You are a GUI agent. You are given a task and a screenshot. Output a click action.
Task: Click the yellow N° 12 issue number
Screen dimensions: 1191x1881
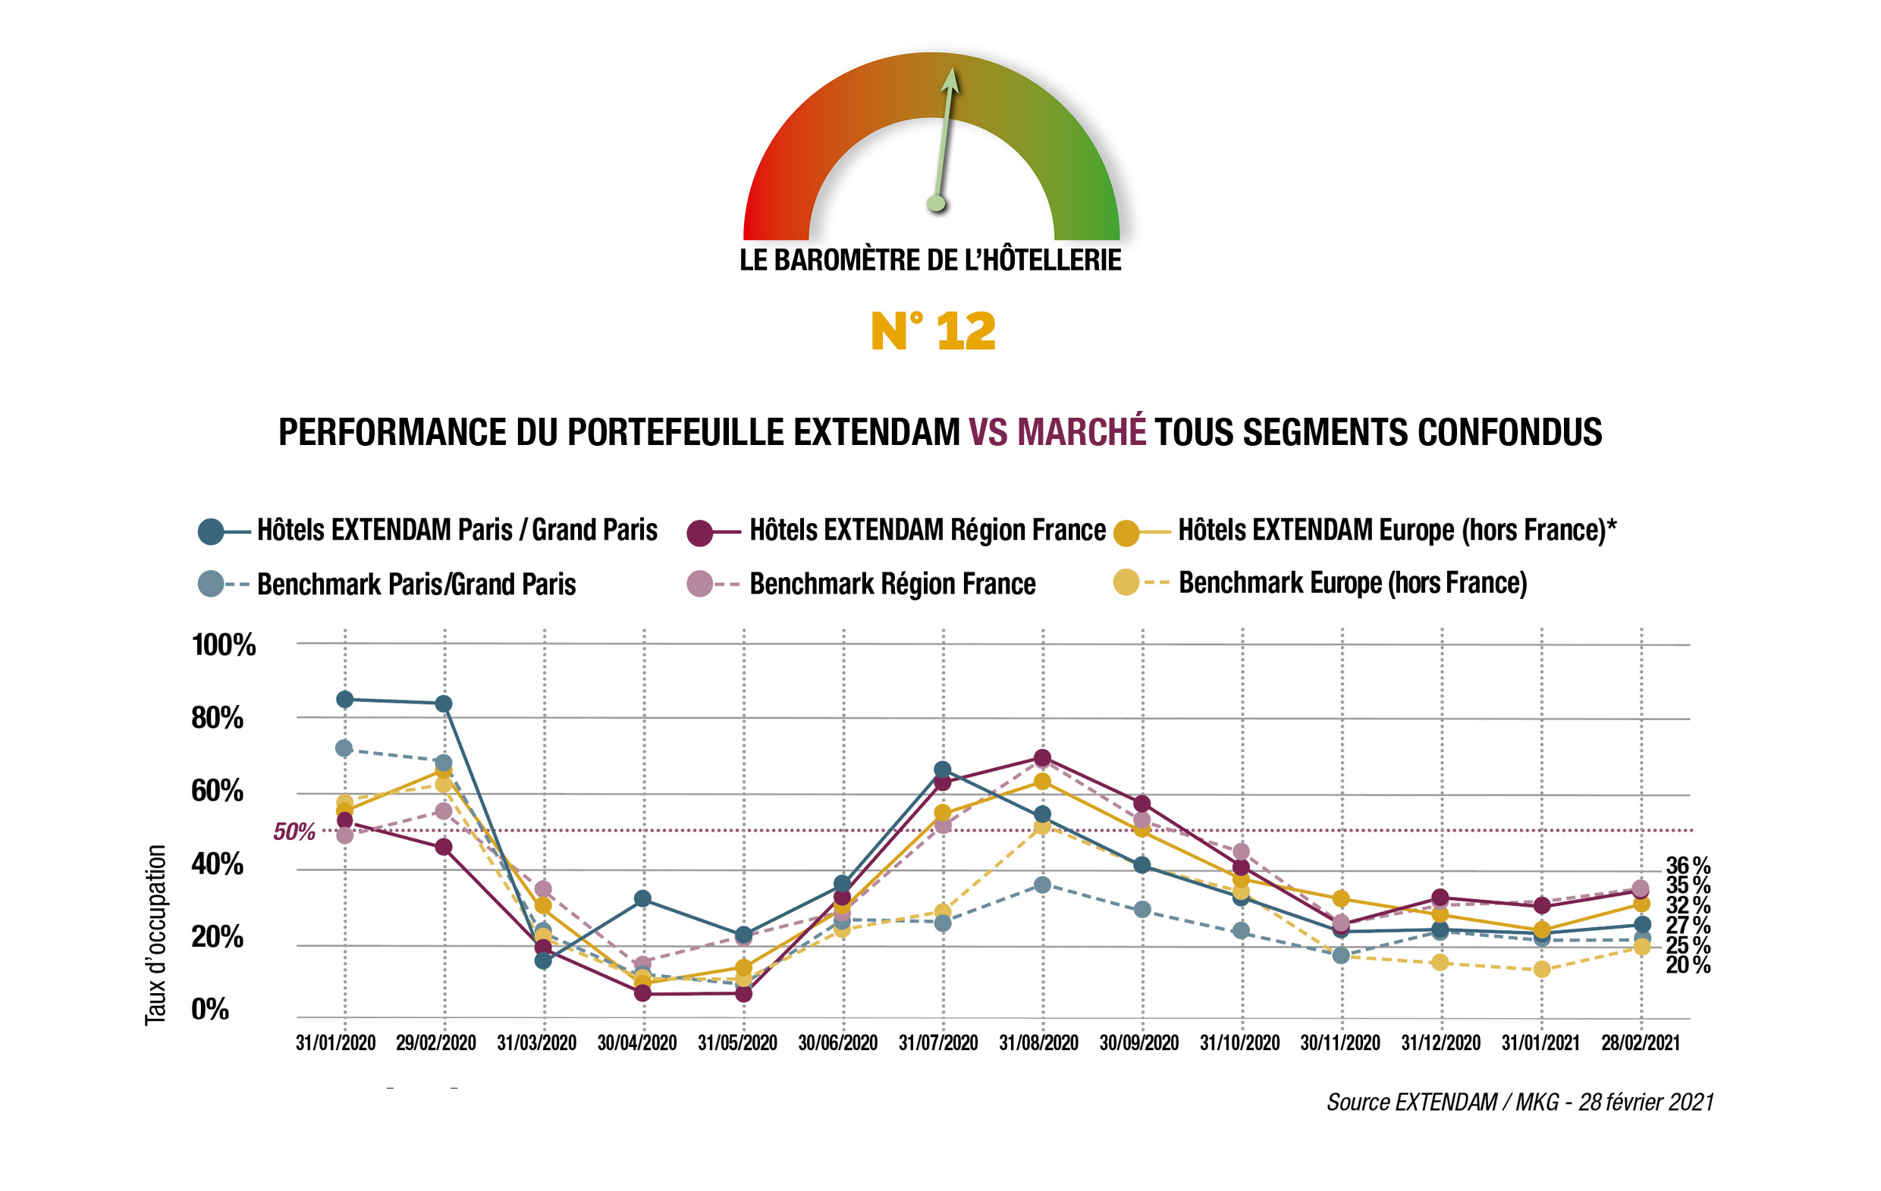933,331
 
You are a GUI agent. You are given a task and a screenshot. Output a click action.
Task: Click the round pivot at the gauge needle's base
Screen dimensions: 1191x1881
936,204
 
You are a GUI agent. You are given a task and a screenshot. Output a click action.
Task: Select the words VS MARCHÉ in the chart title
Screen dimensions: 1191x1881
1057,432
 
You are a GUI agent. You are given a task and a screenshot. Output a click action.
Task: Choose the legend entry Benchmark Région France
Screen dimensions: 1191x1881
891,585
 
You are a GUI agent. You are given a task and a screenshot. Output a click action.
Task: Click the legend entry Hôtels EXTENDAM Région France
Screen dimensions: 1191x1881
926,530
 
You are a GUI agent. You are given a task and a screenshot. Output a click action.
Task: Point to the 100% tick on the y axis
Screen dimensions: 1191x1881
224,645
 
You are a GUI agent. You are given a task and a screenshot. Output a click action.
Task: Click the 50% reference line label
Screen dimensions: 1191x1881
294,832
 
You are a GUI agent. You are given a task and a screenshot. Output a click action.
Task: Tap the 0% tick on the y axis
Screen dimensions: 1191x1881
209,1010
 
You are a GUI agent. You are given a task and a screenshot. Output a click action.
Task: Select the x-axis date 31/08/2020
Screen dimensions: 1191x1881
1038,1042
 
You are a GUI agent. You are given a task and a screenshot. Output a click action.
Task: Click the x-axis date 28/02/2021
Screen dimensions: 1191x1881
1641,1042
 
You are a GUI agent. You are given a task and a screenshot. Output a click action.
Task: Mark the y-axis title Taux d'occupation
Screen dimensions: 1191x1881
155,935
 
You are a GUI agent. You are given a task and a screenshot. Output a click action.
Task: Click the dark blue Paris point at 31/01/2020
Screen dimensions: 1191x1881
344,699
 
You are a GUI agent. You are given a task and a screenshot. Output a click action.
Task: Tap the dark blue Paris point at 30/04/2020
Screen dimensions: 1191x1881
643,898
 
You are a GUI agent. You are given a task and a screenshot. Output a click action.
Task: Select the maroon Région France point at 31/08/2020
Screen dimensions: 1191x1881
1042,757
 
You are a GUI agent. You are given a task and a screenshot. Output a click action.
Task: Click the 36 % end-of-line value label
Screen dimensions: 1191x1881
1688,865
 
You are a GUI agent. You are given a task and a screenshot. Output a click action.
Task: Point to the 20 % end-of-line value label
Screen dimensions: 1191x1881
1688,965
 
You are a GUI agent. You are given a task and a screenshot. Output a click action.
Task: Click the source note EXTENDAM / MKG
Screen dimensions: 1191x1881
1519,1102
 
